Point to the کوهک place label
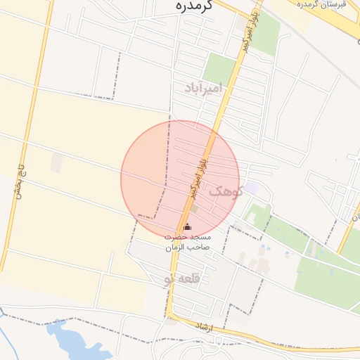225,191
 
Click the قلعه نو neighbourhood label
181,278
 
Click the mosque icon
186,226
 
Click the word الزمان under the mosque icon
176,248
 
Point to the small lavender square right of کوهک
250,188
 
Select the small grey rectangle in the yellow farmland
56,162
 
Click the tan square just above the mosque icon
193,208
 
